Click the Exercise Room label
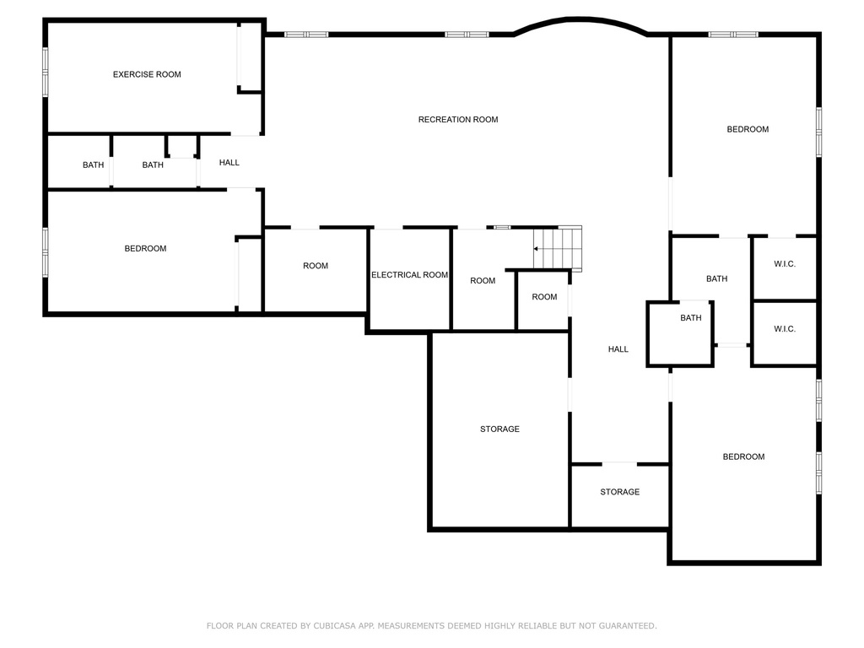click(x=147, y=74)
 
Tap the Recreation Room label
click(x=458, y=120)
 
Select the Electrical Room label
click(x=409, y=275)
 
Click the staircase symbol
click(x=560, y=248)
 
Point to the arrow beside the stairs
click(x=537, y=249)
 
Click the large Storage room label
click(x=499, y=429)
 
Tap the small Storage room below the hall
click(x=619, y=492)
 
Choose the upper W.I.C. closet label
click(x=785, y=264)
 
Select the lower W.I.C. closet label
click(x=785, y=329)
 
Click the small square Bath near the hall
click(x=690, y=318)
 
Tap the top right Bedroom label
click(x=748, y=129)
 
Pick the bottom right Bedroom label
click(x=743, y=456)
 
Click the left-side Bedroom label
click(x=145, y=249)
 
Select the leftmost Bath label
click(x=93, y=165)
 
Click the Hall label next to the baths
click(x=229, y=163)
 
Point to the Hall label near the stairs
click(x=618, y=349)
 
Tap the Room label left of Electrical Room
click(x=316, y=267)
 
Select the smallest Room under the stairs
click(x=544, y=297)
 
